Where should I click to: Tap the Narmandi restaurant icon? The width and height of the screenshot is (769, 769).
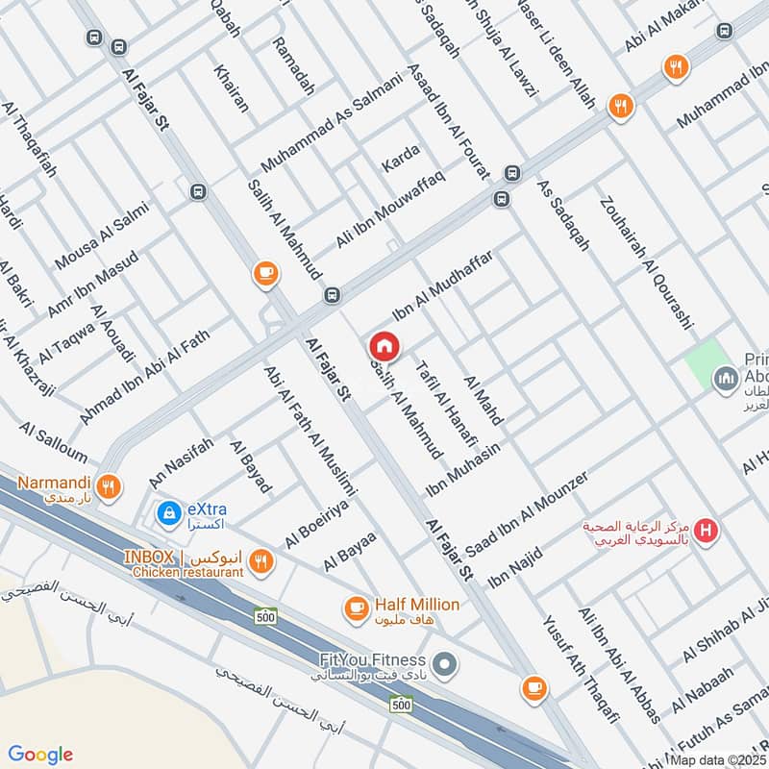point(111,486)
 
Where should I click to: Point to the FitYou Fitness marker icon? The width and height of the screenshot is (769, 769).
point(444,663)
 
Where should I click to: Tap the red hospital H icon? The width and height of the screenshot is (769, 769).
point(707,529)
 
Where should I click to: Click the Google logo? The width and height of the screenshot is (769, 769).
point(41,755)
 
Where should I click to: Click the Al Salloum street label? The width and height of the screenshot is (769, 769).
point(52,441)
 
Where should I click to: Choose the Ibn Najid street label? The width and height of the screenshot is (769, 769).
point(515,568)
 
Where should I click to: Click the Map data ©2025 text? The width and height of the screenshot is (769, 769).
point(717,759)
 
